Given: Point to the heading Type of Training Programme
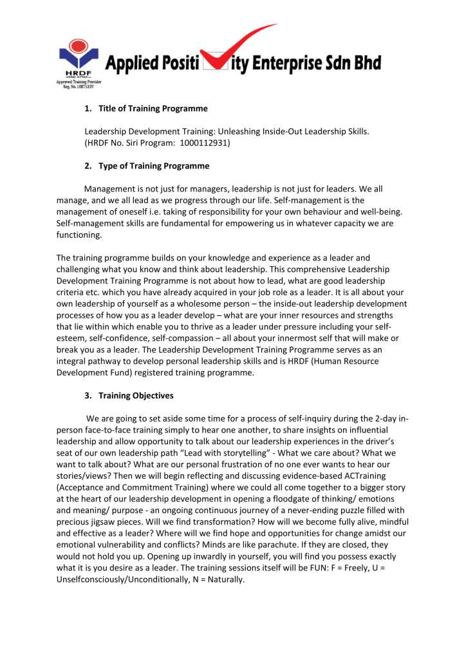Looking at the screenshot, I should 154,166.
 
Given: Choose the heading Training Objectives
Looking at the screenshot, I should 136,395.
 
